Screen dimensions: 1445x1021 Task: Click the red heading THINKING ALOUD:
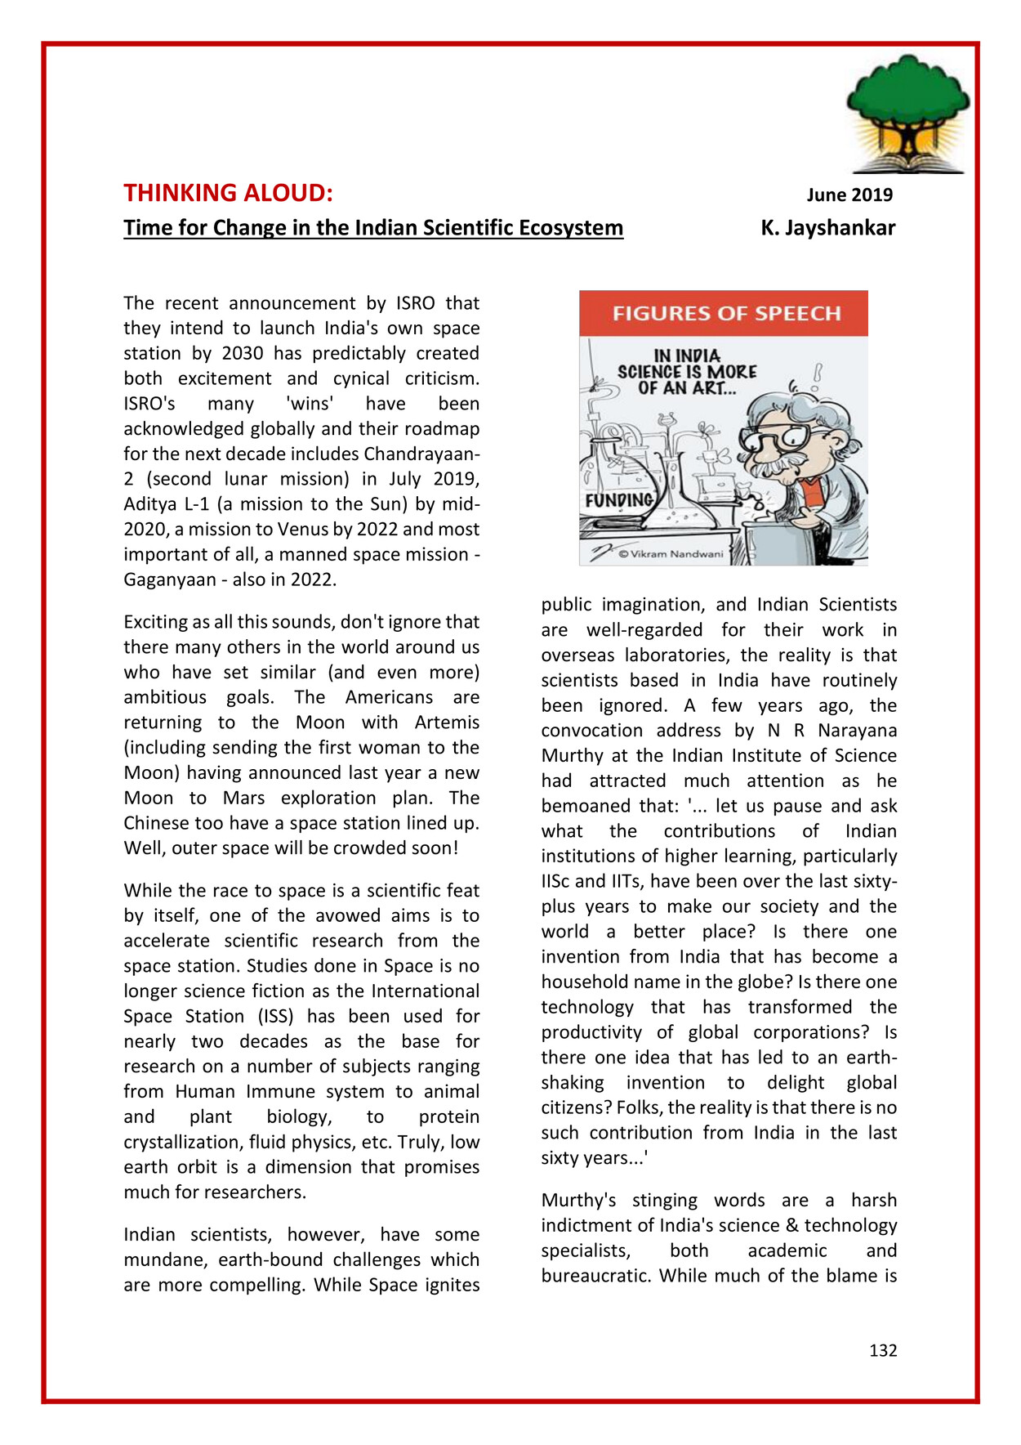point(228,193)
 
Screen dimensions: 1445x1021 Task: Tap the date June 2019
point(849,195)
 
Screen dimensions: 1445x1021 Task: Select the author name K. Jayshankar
point(827,228)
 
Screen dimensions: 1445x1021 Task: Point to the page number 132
point(883,1350)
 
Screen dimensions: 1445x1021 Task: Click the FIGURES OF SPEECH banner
point(724,313)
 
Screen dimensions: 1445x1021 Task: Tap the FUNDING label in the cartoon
point(619,499)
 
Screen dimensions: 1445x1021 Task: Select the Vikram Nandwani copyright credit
point(671,554)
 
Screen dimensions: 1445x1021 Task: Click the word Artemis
point(447,722)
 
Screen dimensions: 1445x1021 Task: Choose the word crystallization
point(184,1142)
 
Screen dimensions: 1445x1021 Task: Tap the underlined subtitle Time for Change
point(373,228)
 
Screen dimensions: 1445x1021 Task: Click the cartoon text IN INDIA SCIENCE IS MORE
point(687,364)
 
